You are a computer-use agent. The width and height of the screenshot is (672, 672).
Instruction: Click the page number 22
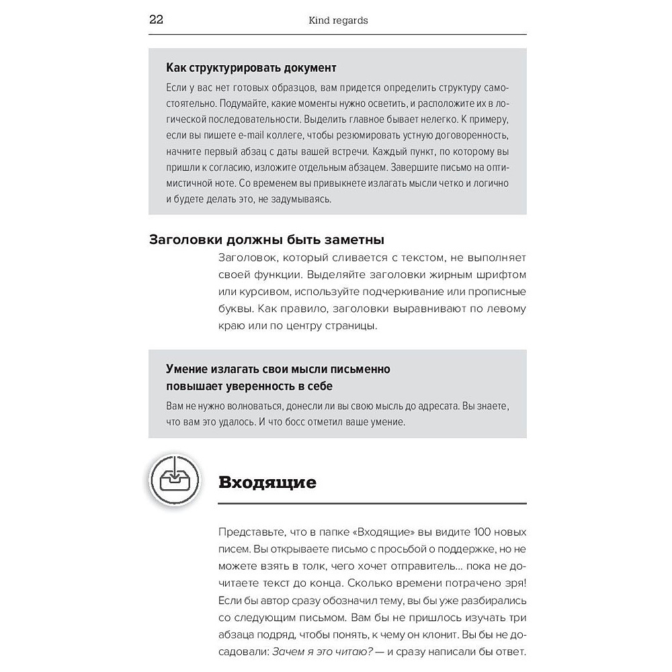click(x=156, y=20)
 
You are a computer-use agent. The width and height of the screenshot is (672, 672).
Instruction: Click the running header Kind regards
click(x=337, y=21)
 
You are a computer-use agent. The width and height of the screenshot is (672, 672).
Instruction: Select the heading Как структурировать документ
click(x=251, y=69)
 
